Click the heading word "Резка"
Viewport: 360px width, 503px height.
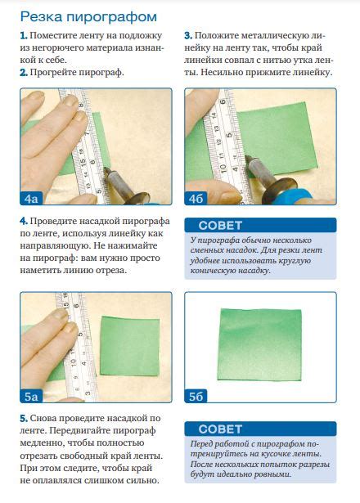[x=41, y=16]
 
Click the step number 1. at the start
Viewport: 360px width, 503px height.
[x=24, y=36]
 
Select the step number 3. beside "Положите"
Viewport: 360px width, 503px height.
[x=188, y=36]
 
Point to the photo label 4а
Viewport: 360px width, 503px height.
[x=31, y=199]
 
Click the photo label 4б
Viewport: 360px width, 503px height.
[x=196, y=199]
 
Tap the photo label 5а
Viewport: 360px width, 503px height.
[x=31, y=397]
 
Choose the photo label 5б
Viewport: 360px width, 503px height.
[x=196, y=397]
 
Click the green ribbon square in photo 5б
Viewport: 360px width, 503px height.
[x=260, y=344]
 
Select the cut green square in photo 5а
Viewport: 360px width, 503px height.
[x=130, y=346]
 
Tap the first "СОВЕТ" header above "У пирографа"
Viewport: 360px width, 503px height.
[x=220, y=226]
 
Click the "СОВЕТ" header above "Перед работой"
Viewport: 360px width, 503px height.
[x=220, y=429]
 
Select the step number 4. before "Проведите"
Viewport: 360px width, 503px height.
[x=24, y=222]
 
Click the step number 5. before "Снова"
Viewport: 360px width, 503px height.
[x=24, y=418]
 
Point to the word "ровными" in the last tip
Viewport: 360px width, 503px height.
[x=272, y=474]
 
